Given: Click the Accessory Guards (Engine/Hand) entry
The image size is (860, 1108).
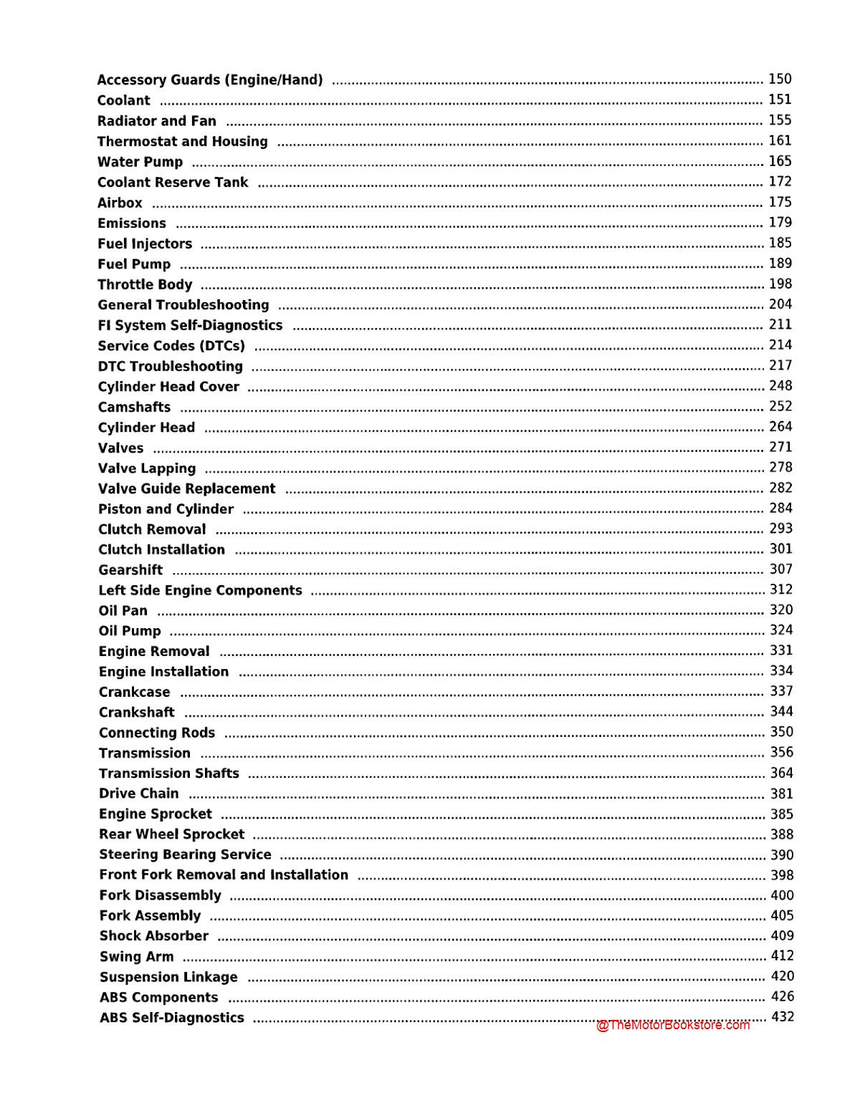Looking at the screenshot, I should click(x=210, y=80).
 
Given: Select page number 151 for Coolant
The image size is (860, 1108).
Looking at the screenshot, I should click(x=780, y=100).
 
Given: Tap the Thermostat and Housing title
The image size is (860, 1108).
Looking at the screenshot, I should click(x=183, y=142).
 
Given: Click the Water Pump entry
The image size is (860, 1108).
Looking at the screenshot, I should click(x=140, y=163).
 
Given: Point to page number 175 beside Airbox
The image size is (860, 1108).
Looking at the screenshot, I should click(x=780, y=202).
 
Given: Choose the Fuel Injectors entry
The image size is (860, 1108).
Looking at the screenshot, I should click(x=145, y=244).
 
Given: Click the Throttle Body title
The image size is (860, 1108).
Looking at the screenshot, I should click(x=145, y=285).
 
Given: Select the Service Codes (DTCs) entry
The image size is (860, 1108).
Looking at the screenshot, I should click(x=171, y=346).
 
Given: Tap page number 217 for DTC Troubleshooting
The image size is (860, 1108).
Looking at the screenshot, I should click(x=780, y=365).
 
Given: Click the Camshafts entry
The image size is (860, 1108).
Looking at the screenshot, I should click(x=135, y=408).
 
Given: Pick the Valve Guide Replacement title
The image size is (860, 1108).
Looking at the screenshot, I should click(x=187, y=489).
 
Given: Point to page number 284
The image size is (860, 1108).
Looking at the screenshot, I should click(x=780, y=509).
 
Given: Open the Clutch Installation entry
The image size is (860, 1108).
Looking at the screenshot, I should click(x=162, y=550).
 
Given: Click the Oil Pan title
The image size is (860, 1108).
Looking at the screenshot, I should click(x=123, y=611).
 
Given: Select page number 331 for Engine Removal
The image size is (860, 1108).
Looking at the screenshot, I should click(x=781, y=650).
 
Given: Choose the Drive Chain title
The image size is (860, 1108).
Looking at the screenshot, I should click(x=139, y=794).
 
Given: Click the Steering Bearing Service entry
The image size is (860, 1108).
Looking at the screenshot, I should click(x=186, y=855).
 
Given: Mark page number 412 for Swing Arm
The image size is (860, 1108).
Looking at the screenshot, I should click(x=782, y=956).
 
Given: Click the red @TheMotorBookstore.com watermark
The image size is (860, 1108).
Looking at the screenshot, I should click(x=673, y=1025).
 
